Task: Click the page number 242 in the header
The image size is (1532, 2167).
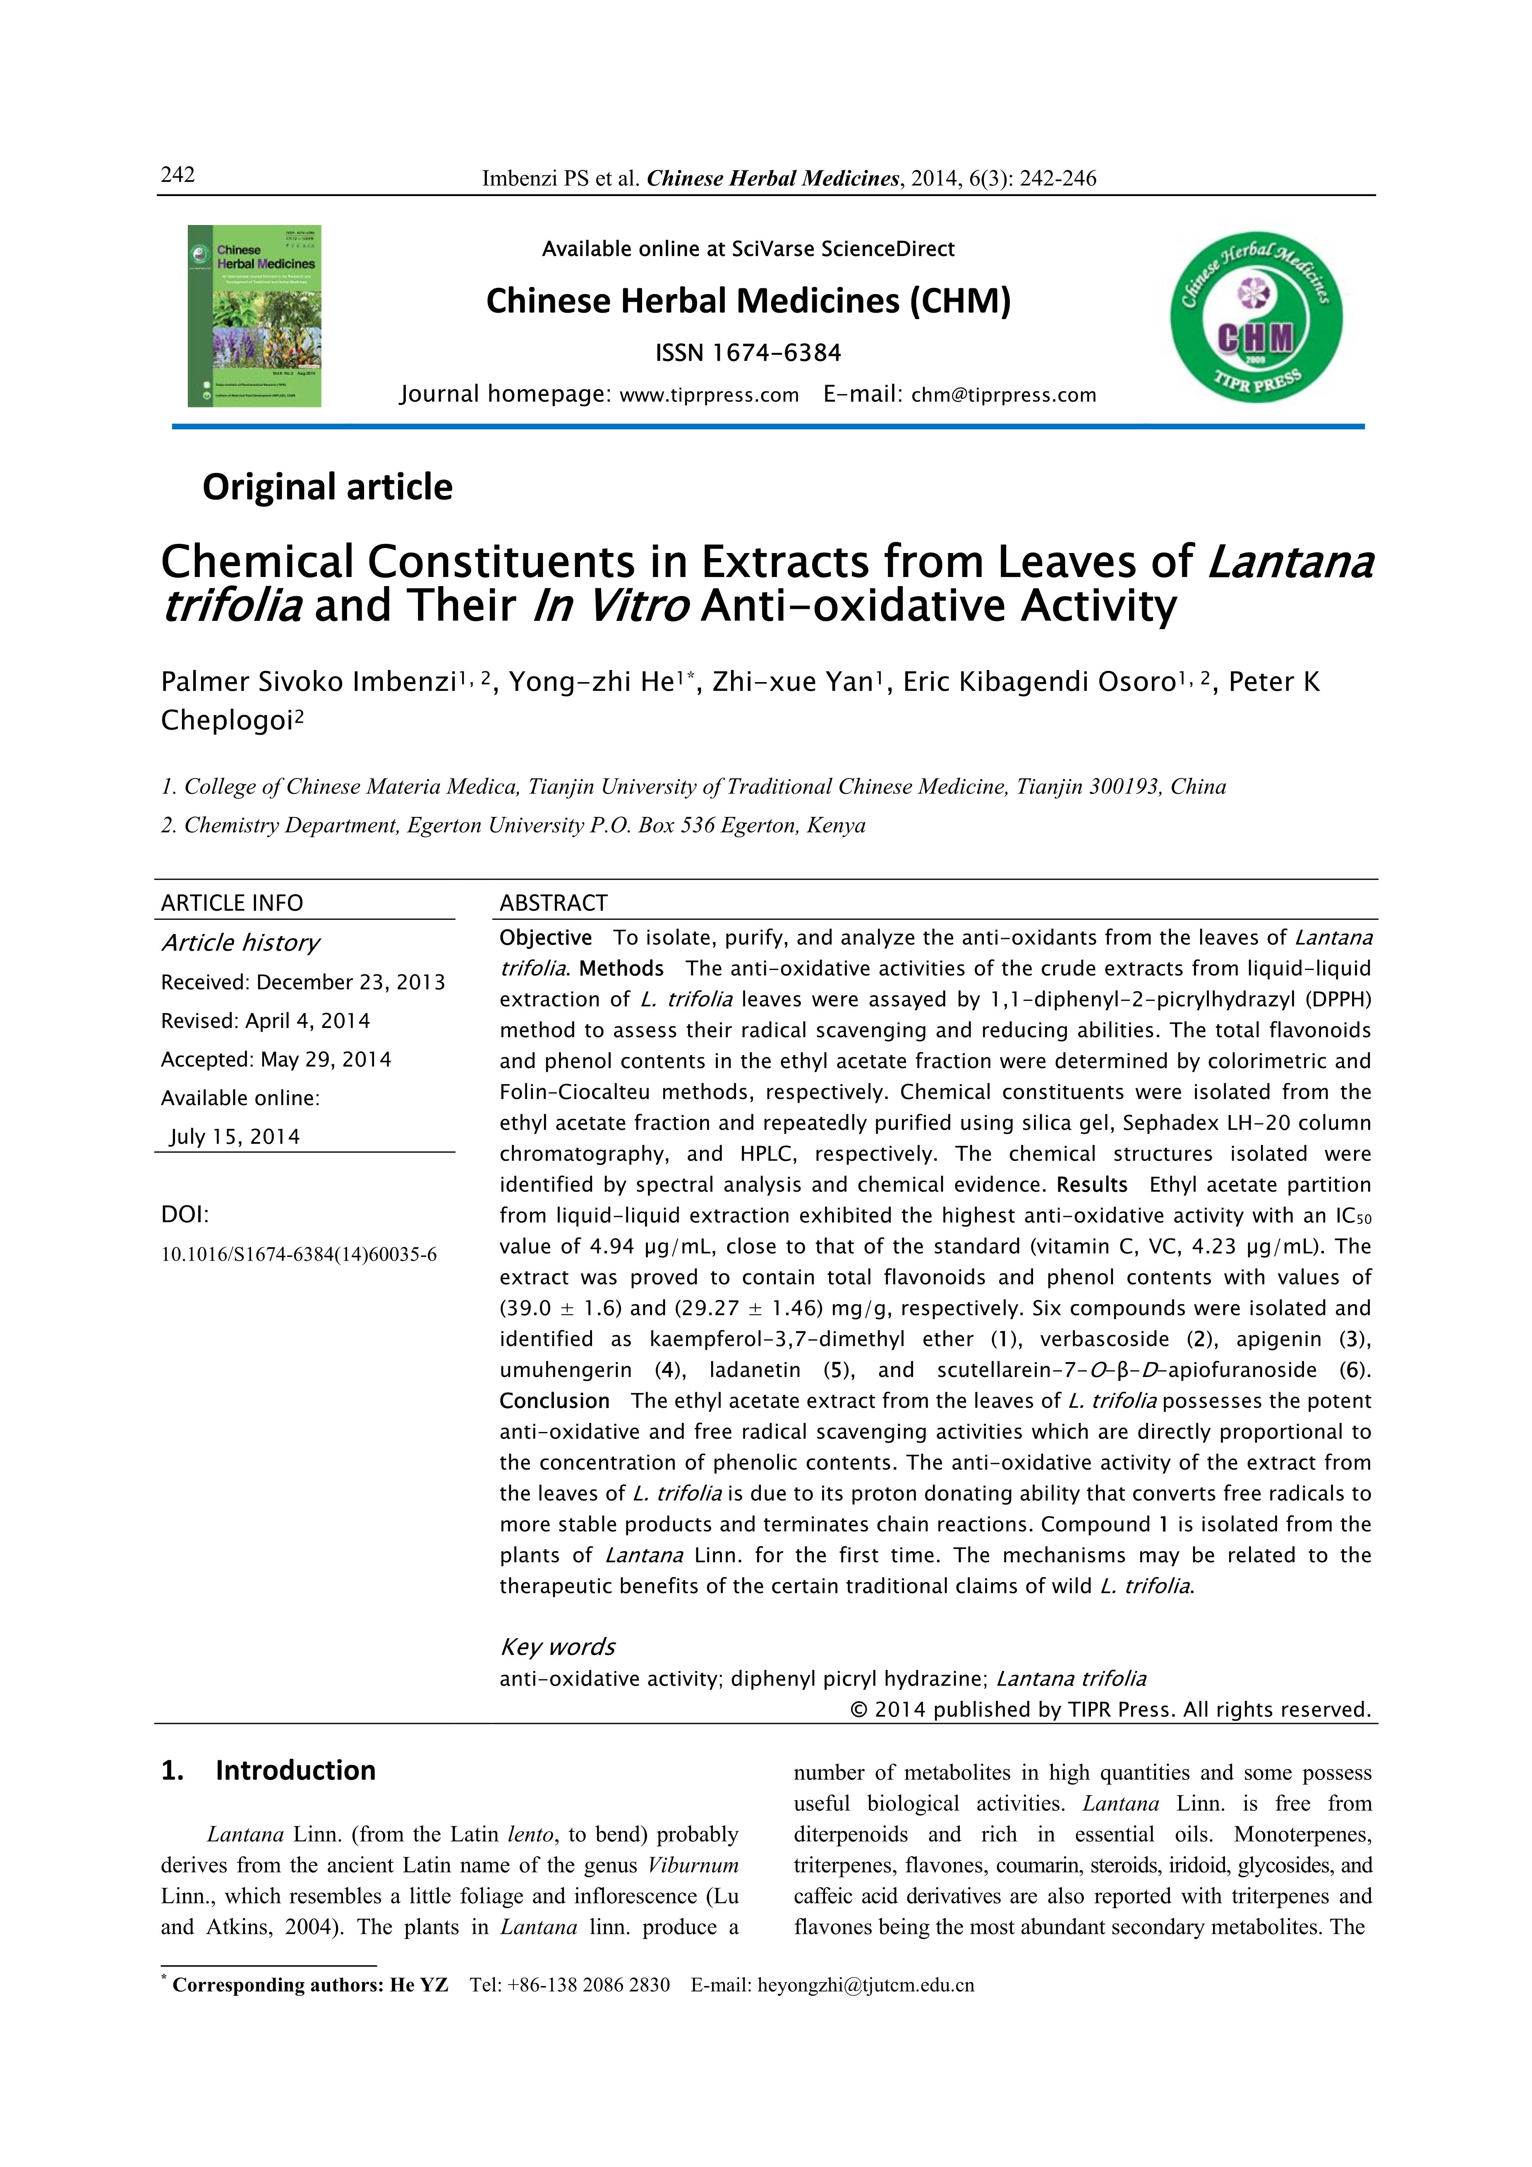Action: pos(177,175)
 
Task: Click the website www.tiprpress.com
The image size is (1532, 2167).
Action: pos(709,395)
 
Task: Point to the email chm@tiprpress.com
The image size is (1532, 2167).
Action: pos(1003,395)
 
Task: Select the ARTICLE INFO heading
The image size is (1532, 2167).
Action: pos(232,903)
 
